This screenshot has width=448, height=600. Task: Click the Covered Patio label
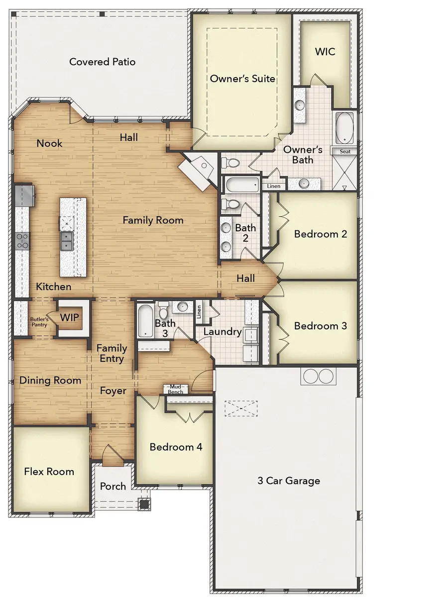click(102, 62)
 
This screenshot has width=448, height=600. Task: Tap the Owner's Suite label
click(242, 79)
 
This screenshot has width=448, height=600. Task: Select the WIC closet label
click(325, 52)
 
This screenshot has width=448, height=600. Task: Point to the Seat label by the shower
click(344, 151)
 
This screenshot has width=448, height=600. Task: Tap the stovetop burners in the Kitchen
click(22, 241)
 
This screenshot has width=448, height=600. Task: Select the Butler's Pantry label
click(38, 322)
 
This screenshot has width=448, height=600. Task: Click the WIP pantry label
click(69, 317)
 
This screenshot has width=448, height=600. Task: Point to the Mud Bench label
click(175, 389)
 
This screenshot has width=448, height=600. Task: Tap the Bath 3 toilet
click(163, 312)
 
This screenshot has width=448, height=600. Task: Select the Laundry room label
click(222, 331)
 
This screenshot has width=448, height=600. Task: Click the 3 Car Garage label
click(289, 481)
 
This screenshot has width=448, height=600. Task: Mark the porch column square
click(144, 504)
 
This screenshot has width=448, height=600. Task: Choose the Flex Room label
click(49, 472)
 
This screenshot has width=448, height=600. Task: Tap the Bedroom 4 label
click(176, 447)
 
